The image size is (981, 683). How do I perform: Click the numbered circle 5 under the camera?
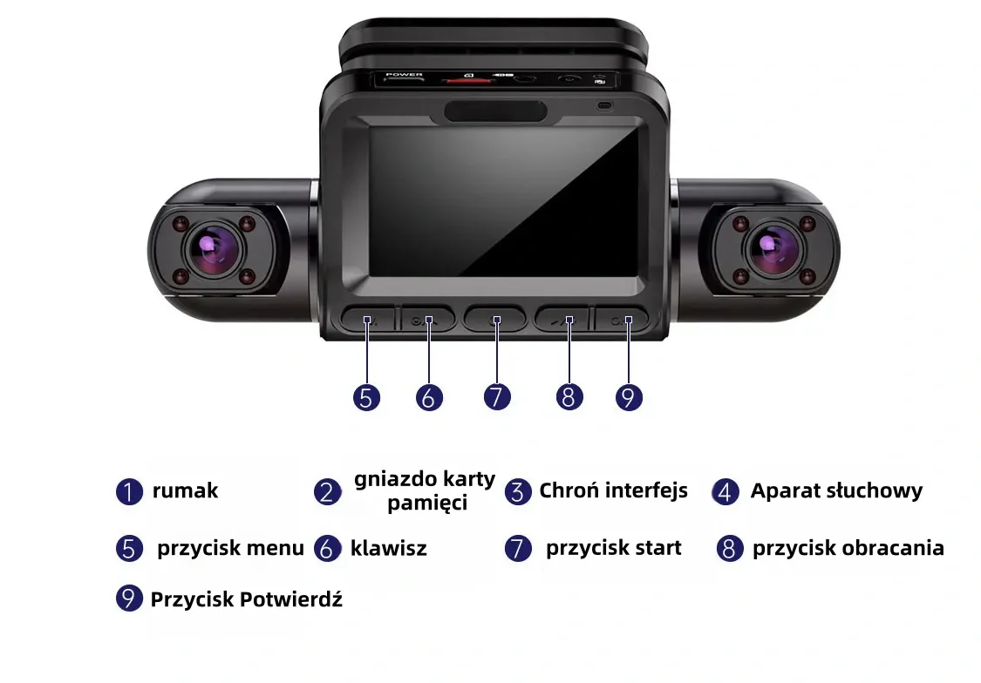point(366,397)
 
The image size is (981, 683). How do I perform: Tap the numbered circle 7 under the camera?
point(497,396)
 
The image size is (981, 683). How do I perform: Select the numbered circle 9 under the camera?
point(629,397)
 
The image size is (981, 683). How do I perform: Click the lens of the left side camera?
point(214,249)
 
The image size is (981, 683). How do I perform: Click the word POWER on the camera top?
point(404,74)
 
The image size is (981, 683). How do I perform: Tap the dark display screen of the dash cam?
point(504,201)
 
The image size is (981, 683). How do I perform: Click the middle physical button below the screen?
point(495,319)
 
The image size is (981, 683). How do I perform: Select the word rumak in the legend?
point(185,490)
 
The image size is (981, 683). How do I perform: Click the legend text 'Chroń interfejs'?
point(613,490)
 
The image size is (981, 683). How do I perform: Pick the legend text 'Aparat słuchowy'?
point(836,490)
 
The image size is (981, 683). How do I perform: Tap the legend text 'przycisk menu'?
point(230,548)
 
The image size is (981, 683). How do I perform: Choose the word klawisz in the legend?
point(389,548)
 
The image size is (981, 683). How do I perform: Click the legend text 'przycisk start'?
point(613,548)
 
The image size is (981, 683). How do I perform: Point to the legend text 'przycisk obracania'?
point(848,548)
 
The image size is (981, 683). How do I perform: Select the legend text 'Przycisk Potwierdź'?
point(247,599)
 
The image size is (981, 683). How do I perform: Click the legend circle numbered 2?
point(327,492)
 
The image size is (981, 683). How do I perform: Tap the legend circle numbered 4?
point(726,492)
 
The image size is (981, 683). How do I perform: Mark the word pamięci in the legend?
point(427,503)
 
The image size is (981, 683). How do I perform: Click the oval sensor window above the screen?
point(495,112)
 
